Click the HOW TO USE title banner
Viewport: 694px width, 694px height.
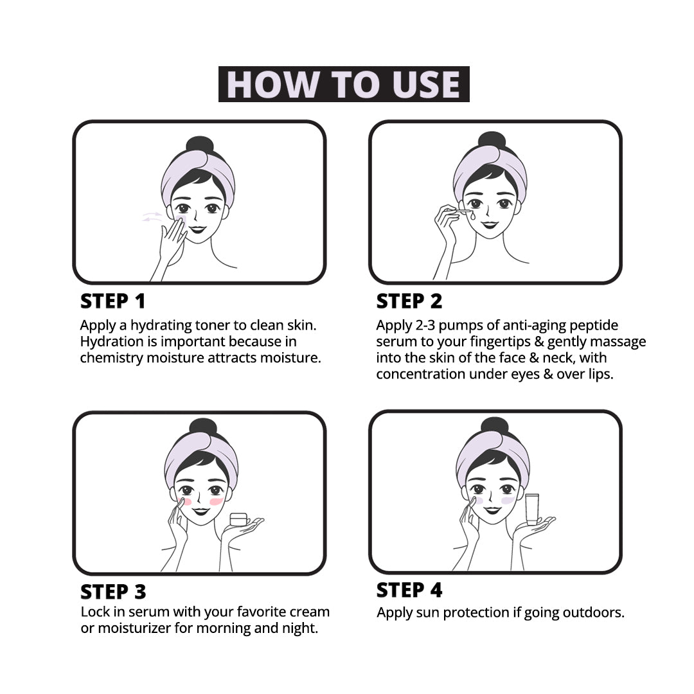point(344,84)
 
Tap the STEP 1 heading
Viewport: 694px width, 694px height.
point(113,301)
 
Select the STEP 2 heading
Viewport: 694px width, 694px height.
point(409,301)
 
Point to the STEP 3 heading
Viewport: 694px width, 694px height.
point(113,592)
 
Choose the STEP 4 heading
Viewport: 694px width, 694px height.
point(409,590)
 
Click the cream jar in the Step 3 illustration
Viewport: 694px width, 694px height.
point(238,519)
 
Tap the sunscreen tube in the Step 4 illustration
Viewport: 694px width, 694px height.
point(532,509)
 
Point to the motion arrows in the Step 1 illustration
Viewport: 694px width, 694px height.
point(152,217)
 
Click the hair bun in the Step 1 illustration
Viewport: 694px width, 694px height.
point(200,145)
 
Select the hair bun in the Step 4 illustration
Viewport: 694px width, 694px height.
point(495,426)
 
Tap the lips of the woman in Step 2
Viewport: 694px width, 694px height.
point(490,224)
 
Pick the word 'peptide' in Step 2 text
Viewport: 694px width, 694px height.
point(594,326)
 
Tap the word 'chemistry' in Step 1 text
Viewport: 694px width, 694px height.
point(112,358)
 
